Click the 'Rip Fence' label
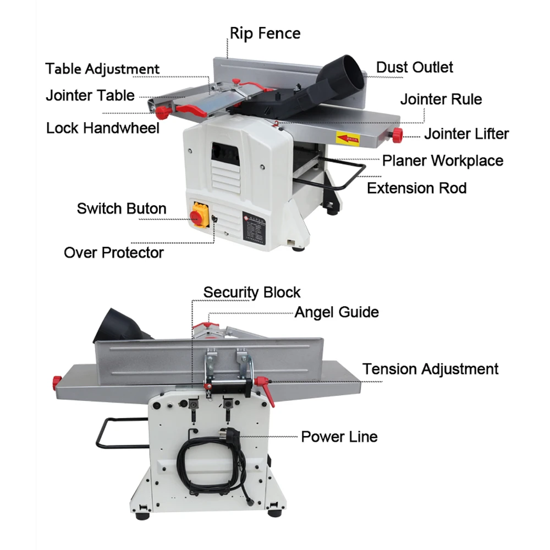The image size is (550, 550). tap(265, 34)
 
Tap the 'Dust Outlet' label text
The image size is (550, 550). tap(414, 67)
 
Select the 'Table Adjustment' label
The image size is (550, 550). tap(102, 69)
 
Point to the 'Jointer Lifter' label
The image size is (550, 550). tap(466, 134)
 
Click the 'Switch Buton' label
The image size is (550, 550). tap(122, 208)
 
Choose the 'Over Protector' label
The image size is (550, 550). tap(114, 252)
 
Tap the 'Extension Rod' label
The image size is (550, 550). tap(416, 188)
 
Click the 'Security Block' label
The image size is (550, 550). tap(252, 292)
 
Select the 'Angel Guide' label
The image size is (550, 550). tap(337, 312)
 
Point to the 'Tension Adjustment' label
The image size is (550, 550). tap(430, 369)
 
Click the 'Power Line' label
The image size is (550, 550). tap(339, 437)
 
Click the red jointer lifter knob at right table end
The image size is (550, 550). tap(397, 134)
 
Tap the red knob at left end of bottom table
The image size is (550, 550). tap(57, 381)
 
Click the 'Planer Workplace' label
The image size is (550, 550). tap(443, 161)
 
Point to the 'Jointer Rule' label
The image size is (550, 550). tap(441, 100)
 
